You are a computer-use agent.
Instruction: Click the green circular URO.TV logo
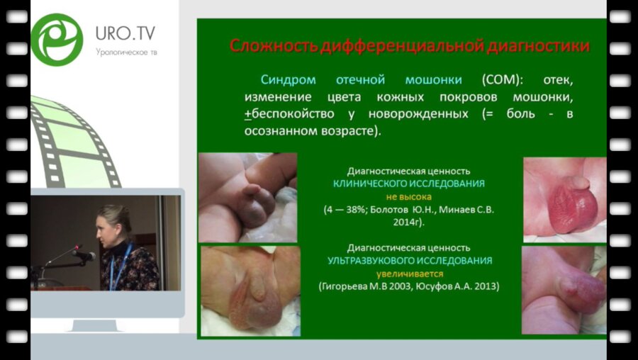pyautogui.click(x=57, y=40)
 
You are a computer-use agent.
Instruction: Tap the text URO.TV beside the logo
pyautogui.click(x=125, y=33)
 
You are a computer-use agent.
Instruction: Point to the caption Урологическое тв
pyautogui.click(x=127, y=52)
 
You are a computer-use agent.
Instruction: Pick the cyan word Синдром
pyautogui.click(x=288, y=80)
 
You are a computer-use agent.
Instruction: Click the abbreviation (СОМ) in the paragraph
pyautogui.click(x=503, y=80)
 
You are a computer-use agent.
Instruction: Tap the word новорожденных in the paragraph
pyautogui.click(x=418, y=114)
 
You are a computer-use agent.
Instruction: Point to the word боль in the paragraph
pyautogui.click(x=521, y=113)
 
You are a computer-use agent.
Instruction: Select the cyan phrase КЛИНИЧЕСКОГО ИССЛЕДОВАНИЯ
pyautogui.click(x=409, y=184)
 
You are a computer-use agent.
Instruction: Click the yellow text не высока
pyautogui.click(x=409, y=197)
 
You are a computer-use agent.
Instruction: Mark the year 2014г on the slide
pyautogui.click(x=408, y=223)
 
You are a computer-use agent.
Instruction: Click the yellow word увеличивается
pyautogui.click(x=409, y=274)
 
